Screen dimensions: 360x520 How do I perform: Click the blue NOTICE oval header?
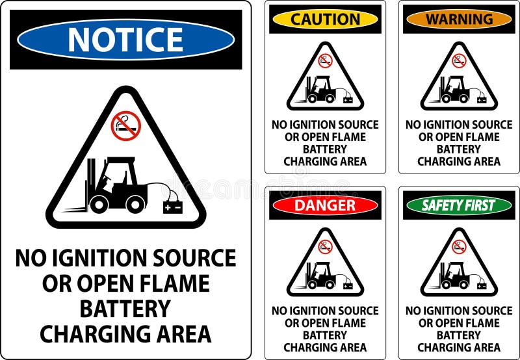tap(125, 40)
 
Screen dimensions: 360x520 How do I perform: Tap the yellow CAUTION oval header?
tap(325, 19)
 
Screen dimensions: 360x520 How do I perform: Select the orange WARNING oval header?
tap(459, 19)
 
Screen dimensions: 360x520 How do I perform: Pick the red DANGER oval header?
tap(325, 205)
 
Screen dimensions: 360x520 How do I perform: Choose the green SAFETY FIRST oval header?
tap(459, 205)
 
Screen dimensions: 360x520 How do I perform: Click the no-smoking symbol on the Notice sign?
tap(125, 125)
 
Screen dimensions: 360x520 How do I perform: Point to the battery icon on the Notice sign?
tap(173, 207)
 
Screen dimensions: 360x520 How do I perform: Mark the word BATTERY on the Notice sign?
tap(125, 308)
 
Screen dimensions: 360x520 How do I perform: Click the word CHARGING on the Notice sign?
tap(97, 333)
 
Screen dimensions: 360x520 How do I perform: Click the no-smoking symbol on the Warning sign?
tap(459, 60)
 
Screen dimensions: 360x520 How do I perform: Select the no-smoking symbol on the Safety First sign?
tap(459, 246)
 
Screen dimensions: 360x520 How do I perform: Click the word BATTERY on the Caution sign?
tap(325, 149)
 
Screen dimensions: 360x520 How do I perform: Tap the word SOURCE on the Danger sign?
tap(354, 311)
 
